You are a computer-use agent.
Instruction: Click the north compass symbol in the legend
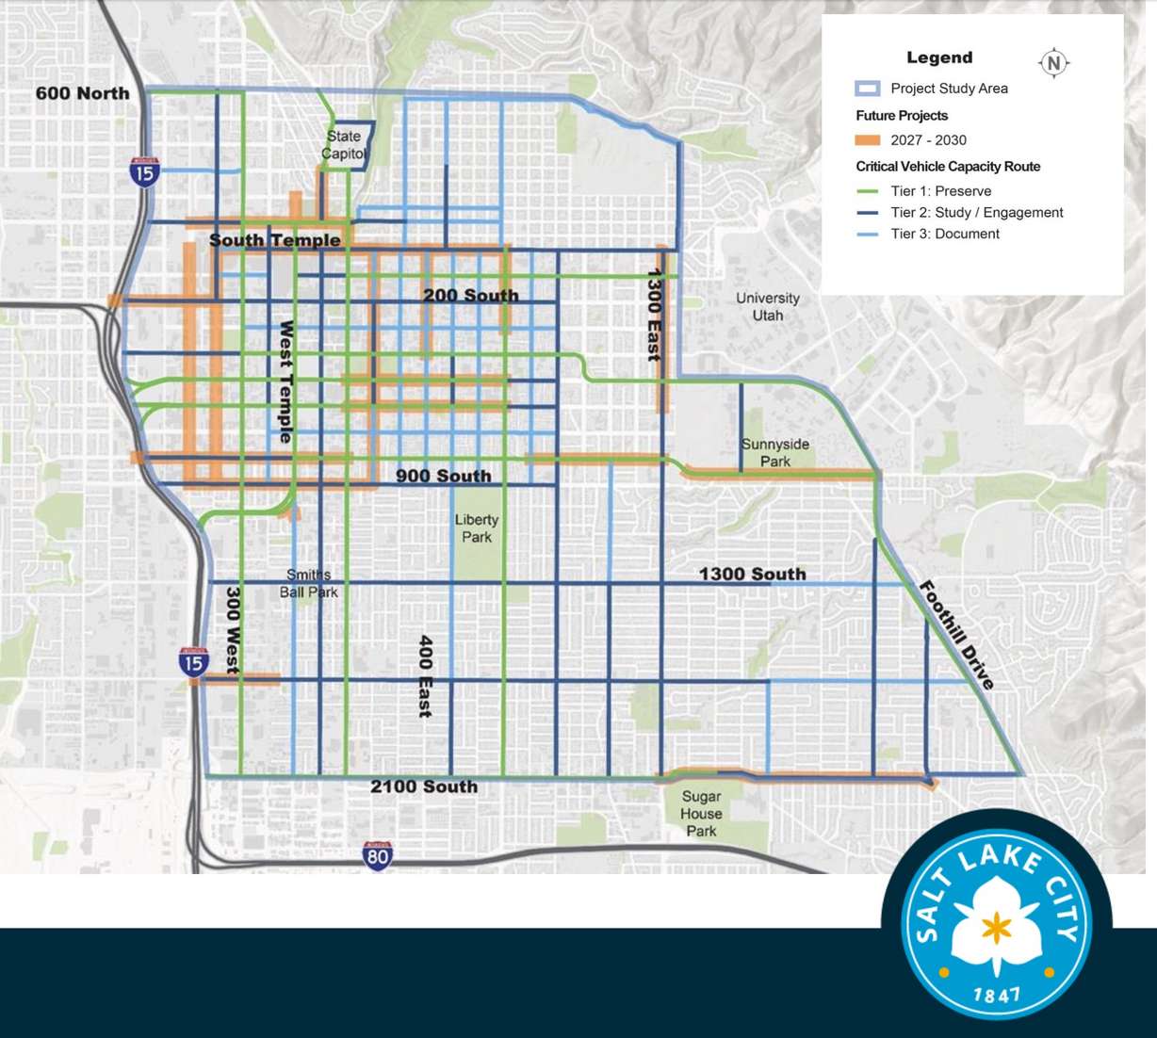tap(1053, 63)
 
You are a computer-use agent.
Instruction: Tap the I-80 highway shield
tap(377, 856)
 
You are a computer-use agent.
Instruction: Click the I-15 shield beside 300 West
tap(193, 661)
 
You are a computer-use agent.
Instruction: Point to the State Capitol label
tap(344, 145)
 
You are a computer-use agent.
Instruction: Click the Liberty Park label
tap(477, 527)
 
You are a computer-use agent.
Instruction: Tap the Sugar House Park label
tap(701, 814)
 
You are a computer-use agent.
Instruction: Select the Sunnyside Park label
tap(775, 452)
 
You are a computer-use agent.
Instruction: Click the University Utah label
tap(768, 306)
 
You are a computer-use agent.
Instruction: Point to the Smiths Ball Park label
tap(308, 583)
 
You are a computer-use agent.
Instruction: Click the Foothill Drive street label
tap(956, 635)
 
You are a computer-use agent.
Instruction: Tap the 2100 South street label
tap(424, 787)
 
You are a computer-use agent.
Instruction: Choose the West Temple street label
tap(285, 381)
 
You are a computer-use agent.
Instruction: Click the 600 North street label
tap(82, 93)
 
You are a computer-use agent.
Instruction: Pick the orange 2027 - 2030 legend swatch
tap(867, 140)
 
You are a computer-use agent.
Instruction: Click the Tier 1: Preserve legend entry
tap(940, 191)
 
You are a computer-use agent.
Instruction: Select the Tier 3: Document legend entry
tap(944, 235)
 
